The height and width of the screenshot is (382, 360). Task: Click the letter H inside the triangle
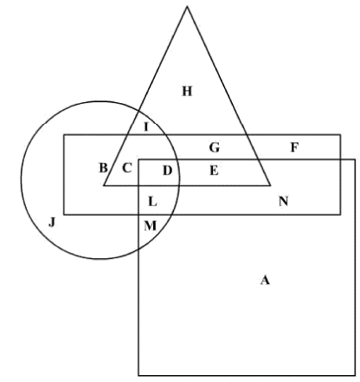click(187, 91)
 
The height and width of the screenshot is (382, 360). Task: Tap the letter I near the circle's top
click(146, 126)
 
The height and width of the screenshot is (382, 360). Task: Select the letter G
click(215, 147)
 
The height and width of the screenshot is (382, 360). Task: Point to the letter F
click(294, 147)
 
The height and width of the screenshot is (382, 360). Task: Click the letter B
click(103, 168)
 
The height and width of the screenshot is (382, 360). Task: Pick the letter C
click(127, 168)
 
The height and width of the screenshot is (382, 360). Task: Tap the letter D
click(168, 171)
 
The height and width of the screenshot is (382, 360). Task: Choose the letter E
click(214, 171)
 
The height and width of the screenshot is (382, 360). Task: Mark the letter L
click(152, 202)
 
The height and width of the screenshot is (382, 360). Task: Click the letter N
click(283, 201)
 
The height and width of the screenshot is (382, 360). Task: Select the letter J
click(52, 223)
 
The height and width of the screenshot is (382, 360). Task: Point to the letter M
click(150, 226)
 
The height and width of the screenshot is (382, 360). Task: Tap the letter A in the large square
click(265, 280)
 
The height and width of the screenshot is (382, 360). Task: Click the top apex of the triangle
click(187, 6)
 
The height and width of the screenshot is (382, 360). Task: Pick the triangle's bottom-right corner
click(270, 185)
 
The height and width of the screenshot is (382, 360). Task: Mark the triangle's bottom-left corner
click(104, 185)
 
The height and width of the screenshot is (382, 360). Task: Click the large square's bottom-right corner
click(355, 375)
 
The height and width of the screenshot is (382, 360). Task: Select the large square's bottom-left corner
click(138, 375)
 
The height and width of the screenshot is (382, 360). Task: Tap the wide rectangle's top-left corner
click(64, 135)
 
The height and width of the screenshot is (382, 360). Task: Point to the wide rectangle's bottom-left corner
click(64, 215)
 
